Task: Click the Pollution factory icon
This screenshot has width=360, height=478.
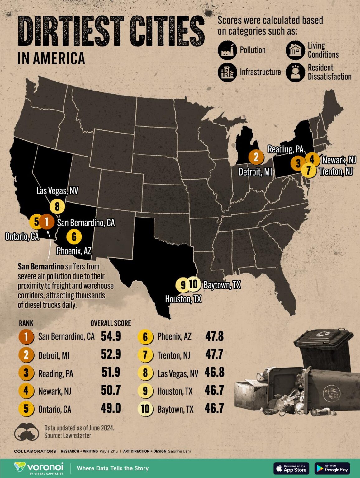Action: point(227,50)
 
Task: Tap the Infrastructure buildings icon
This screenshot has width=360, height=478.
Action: point(227,72)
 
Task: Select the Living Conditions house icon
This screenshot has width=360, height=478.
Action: point(295,50)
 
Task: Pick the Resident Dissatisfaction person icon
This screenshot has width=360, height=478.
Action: point(295,72)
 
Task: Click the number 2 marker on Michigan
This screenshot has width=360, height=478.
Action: point(256,157)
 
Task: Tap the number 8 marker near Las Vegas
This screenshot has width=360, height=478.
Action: point(57,206)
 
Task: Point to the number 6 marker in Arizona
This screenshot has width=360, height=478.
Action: point(74,237)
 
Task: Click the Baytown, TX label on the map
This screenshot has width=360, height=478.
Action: point(222,285)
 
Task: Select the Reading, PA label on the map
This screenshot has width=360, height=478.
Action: point(285,149)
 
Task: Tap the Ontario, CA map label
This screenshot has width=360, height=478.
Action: point(22,237)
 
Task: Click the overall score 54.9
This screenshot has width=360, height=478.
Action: point(111,336)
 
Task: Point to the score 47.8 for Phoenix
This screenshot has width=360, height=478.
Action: point(214,336)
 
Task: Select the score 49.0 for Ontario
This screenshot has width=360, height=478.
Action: point(111,408)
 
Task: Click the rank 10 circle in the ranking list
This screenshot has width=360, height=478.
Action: point(145,409)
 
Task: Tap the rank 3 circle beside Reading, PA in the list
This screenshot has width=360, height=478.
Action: point(26,373)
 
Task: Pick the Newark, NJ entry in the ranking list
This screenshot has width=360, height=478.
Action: point(54,391)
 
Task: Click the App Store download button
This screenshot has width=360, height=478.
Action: point(291,468)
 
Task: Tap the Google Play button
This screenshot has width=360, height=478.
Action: point(332,468)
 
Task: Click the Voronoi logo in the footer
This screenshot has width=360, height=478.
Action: point(39,468)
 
